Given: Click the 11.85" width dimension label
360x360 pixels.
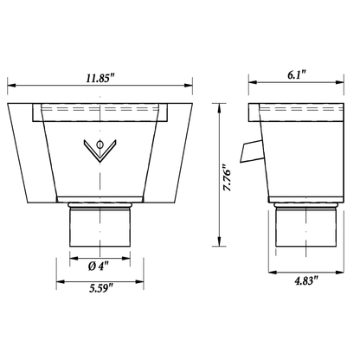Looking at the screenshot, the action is [100, 79].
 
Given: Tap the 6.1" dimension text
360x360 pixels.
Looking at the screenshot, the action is [296, 75].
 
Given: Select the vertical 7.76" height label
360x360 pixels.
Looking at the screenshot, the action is [227, 177].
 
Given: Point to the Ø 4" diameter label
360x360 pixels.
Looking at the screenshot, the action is [99, 266].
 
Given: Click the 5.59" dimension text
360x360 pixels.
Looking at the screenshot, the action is [101, 288].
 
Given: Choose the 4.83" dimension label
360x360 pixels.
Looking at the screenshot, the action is [306, 280].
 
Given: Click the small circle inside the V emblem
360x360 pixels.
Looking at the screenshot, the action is [100, 145].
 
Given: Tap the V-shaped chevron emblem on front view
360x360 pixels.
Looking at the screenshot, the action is [100, 151].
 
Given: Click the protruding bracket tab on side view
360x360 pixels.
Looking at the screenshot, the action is [251, 151].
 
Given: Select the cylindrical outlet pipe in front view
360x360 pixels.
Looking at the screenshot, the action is [100, 228].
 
